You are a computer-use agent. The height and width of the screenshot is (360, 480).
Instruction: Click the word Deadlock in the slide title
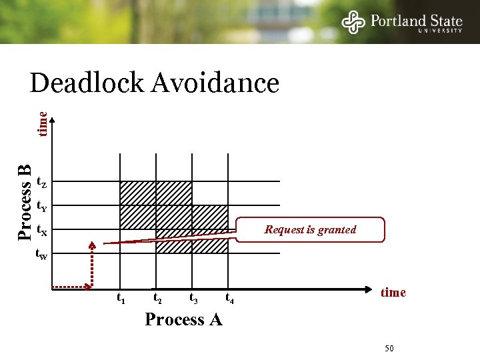click(87, 83)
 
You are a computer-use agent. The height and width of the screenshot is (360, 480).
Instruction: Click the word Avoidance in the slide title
click(215, 83)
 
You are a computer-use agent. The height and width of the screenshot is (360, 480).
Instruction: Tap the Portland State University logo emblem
click(354, 22)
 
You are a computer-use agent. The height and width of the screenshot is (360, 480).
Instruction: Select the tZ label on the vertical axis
click(41, 181)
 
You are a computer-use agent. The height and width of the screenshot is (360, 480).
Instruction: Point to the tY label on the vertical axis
click(41, 206)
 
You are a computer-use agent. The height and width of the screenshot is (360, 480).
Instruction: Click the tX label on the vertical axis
click(41, 231)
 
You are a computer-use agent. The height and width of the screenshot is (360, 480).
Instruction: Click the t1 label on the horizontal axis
click(121, 298)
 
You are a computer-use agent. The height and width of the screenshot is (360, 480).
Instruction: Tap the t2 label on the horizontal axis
click(157, 298)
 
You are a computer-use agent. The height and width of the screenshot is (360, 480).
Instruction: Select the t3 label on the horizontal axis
click(193, 298)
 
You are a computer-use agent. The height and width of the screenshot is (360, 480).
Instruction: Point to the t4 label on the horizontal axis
click(229, 298)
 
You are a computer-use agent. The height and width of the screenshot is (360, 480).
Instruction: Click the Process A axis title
click(183, 319)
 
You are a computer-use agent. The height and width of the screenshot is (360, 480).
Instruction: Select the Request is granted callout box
click(311, 229)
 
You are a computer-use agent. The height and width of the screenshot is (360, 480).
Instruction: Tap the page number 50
click(390, 349)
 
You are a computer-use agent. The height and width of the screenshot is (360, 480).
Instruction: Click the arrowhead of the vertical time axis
click(53, 119)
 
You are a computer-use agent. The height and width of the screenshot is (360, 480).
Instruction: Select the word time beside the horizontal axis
click(393, 293)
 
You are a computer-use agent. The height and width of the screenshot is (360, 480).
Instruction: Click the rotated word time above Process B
click(42, 124)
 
